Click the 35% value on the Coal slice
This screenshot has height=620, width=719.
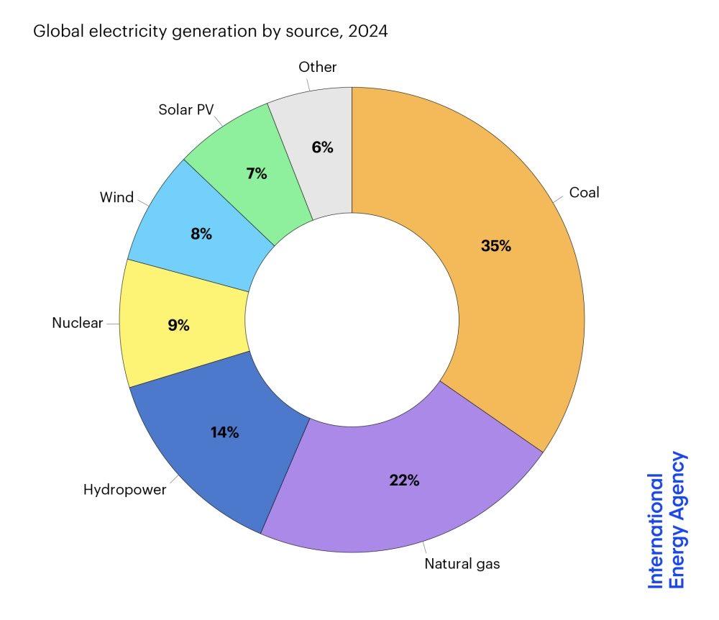pyautogui.click(x=495, y=245)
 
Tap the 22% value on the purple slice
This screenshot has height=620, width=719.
pyautogui.click(x=404, y=480)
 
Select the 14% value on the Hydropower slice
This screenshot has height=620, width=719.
pyautogui.click(x=224, y=432)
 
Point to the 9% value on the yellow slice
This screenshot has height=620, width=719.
pyautogui.click(x=178, y=325)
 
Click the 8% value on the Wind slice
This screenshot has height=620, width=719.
pyautogui.click(x=201, y=233)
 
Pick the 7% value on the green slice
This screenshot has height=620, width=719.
pyautogui.click(x=256, y=173)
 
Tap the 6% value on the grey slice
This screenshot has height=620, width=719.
pyautogui.click(x=322, y=147)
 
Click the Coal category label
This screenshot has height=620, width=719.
pyautogui.click(x=584, y=193)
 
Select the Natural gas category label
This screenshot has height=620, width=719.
pyautogui.click(x=462, y=564)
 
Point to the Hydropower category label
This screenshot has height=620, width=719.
pyautogui.click(x=124, y=491)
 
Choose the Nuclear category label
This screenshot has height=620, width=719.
pyautogui.click(x=78, y=323)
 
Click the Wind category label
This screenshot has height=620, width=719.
pyautogui.click(x=116, y=196)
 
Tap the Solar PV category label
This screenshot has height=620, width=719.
pyautogui.click(x=186, y=111)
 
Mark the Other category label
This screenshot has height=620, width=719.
pyautogui.click(x=317, y=67)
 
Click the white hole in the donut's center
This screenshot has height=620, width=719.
pyautogui.click(x=352, y=320)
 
